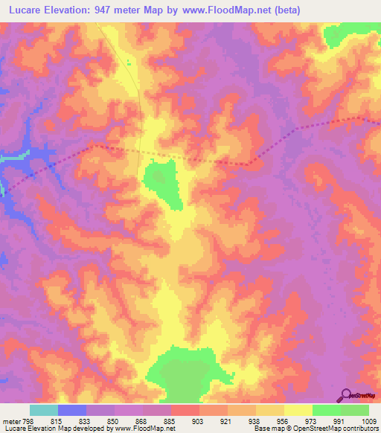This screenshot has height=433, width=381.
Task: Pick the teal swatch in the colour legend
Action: (x=44, y=410)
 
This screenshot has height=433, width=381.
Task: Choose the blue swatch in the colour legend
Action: (x=72, y=410)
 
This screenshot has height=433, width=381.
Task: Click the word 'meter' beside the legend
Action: (x=10, y=420)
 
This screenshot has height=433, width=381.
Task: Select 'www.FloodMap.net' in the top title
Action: (x=246, y=8)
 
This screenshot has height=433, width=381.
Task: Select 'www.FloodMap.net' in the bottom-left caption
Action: (x=141, y=429)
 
